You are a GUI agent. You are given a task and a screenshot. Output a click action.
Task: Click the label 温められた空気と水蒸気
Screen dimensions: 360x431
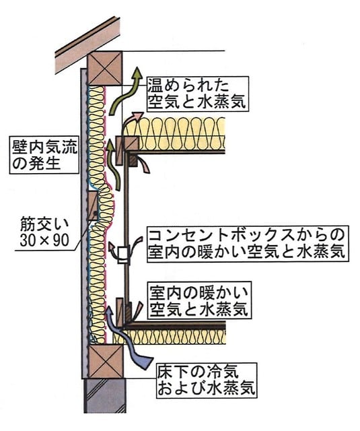pos(198,94)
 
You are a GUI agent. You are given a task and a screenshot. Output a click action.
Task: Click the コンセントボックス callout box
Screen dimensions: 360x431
pos(248,244)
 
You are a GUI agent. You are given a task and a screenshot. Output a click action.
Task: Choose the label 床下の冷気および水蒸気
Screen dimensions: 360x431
pos(207,380)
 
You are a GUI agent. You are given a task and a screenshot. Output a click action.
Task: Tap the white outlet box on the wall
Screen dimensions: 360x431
pos(123,255)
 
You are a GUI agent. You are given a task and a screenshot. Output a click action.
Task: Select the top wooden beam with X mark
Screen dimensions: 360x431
pos(104,69)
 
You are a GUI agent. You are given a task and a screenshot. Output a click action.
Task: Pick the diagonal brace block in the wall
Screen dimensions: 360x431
pos(93,206)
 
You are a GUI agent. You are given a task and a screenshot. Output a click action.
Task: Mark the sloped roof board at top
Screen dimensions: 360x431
pos(88,46)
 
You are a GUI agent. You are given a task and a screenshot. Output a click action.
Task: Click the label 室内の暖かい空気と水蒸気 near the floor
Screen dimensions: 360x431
pos(199,300)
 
